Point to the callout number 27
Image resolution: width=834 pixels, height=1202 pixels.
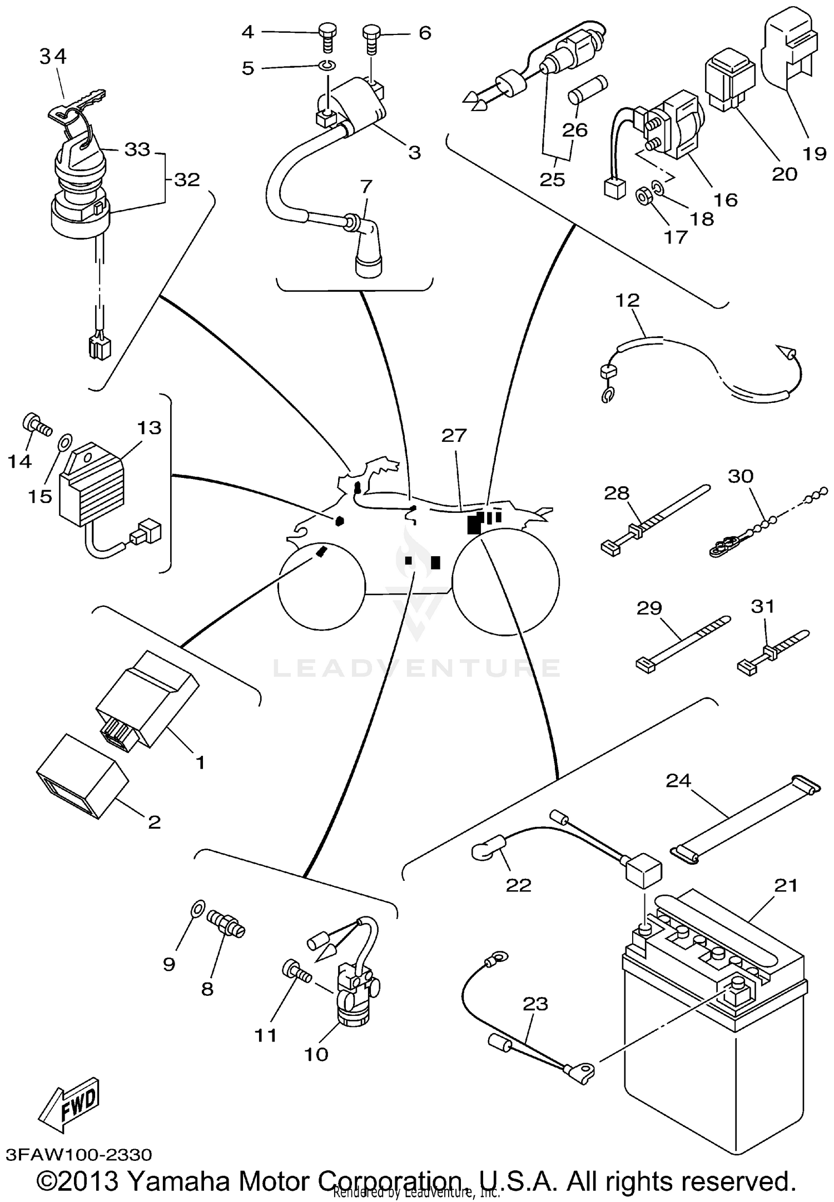click(454, 435)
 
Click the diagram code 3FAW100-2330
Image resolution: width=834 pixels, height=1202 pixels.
click(78, 1155)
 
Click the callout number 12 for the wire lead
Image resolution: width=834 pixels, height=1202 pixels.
click(627, 300)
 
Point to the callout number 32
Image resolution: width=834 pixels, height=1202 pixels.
click(186, 180)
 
